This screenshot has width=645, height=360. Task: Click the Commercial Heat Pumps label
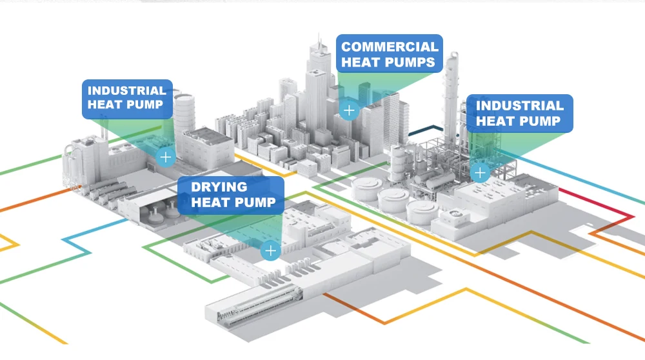tap(390, 54)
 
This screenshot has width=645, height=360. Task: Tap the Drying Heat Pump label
tap(230, 195)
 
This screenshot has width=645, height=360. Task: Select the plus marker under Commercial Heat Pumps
tap(349, 110)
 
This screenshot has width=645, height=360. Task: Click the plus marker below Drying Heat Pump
tap(270, 250)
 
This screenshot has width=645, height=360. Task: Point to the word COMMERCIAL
tap(390, 46)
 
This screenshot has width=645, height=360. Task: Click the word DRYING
tap(219, 187)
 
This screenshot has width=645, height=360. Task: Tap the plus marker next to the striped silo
tap(166, 156)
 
